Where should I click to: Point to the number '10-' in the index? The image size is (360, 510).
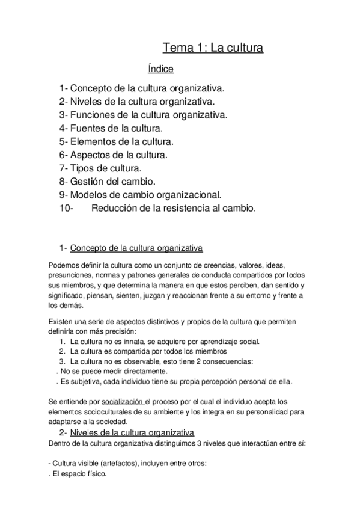[x=66, y=208]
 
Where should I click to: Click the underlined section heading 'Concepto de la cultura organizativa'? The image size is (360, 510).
[x=136, y=247]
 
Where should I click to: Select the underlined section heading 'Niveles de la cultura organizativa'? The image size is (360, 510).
[x=132, y=432]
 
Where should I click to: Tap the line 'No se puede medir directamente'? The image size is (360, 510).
[x=99, y=371]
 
